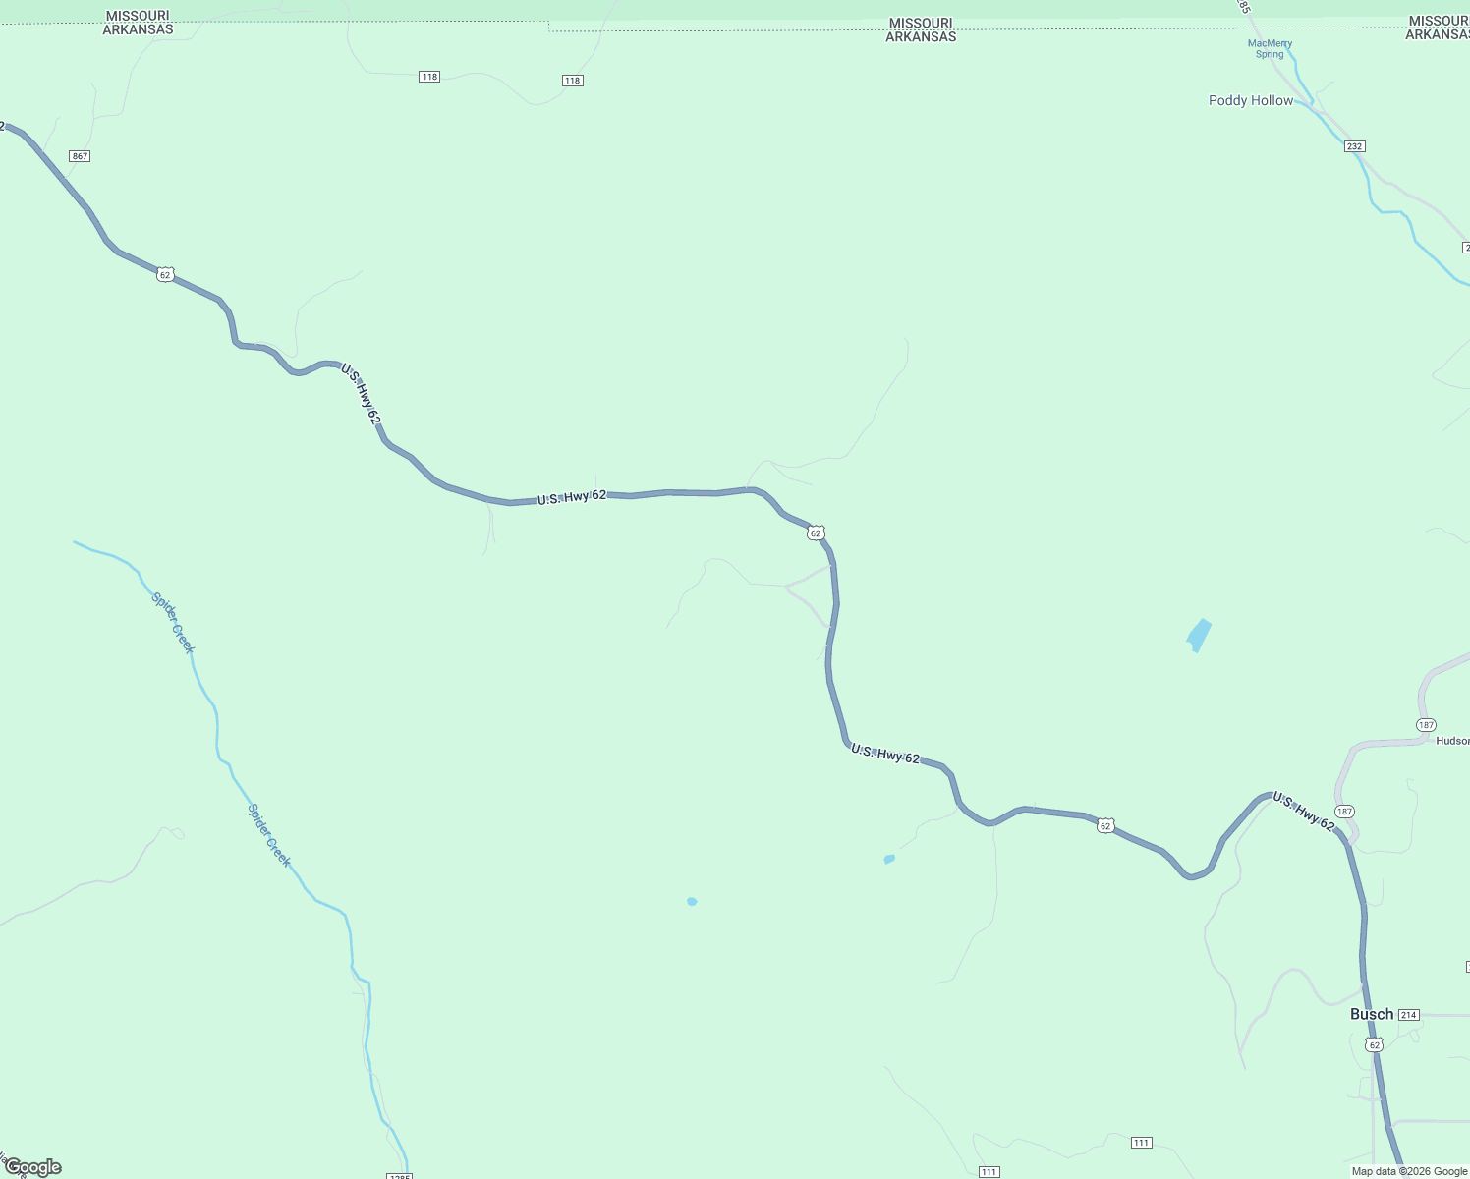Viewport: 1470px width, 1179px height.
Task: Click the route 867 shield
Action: point(80,156)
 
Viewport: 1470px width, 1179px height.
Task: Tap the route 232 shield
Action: point(1355,146)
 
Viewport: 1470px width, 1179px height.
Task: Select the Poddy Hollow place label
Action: point(1250,100)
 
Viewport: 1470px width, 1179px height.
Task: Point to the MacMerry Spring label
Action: point(1270,49)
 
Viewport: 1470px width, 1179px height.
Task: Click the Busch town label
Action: point(1371,1014)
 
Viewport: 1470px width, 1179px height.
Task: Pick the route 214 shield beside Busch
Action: point(1409,1015)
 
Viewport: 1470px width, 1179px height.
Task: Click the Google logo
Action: point(32,1167)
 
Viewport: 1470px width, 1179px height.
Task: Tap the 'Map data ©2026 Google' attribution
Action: point(1409,1171)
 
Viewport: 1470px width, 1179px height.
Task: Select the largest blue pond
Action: point(1199,634)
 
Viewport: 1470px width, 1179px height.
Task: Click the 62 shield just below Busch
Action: point(1375,1044)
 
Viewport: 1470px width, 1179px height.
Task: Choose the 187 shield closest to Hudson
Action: point(1426,725)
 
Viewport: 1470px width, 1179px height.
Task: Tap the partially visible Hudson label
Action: point(1452,741)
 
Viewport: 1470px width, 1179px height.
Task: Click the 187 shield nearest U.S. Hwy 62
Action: point(1344,812)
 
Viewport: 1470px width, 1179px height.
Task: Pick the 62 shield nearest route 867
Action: point(165,275)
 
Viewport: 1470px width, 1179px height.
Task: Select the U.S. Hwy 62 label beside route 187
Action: point(1303,812)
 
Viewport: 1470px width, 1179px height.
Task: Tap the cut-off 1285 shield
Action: point(399,1175)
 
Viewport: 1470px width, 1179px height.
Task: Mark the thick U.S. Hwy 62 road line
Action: point(668,491)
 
